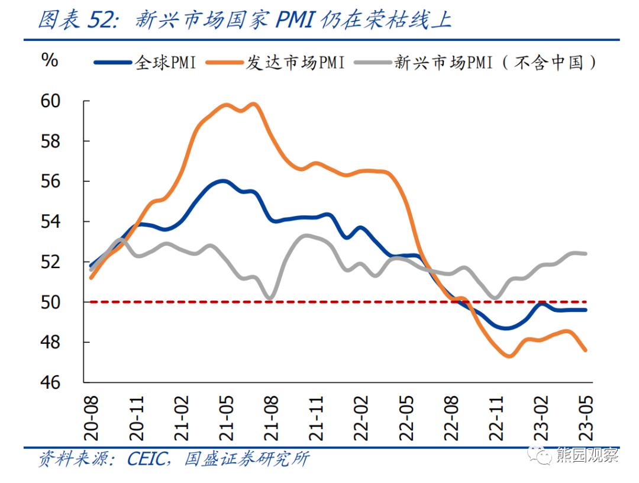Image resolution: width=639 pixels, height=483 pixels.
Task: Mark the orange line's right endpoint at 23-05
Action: tap(585, 350)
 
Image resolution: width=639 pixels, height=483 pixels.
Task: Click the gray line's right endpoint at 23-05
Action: tap(585, 253)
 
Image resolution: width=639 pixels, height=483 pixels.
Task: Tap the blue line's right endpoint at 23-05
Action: tap(585, 310)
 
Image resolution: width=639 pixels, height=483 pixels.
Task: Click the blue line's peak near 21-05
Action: tap(223, 181)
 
